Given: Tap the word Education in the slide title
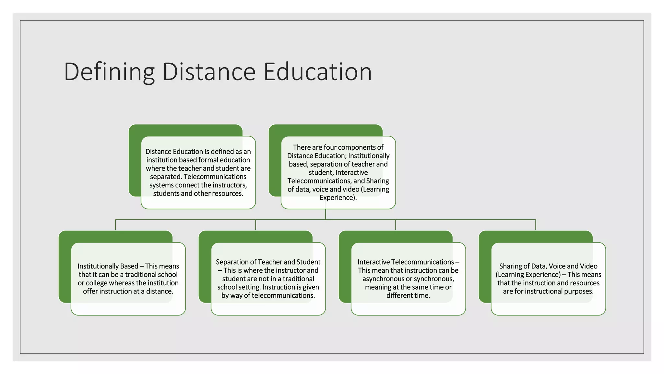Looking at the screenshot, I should [317, 72].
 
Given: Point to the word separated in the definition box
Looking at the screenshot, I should [165, 177].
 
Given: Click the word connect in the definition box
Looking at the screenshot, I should [192, 185].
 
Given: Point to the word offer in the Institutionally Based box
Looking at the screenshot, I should [90, 292].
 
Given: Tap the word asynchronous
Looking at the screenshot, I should [384, 279].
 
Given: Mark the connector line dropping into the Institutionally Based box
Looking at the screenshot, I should [116, 225].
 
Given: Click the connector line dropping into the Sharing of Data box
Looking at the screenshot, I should [536, 225].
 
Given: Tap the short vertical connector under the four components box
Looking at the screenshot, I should [326, 214].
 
